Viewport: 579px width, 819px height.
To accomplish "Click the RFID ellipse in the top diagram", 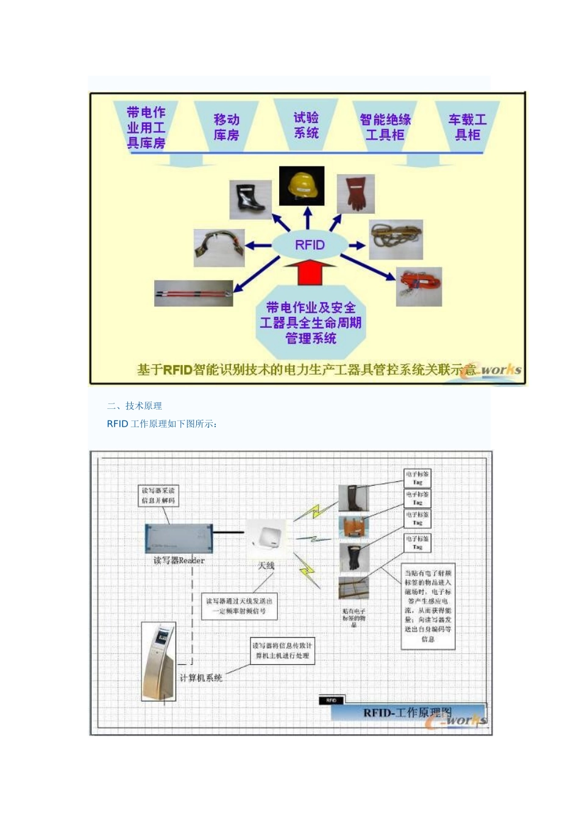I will click(x=310, y=245).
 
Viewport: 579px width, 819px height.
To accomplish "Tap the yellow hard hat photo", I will click(x=302, y=186).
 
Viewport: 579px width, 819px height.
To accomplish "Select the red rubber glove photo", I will click(x=355, y=194).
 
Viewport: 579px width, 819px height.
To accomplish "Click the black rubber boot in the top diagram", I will click(x=250, y=199).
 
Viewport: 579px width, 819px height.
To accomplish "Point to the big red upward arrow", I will click(x=310, y=272).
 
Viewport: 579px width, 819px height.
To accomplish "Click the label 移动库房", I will click(x=226, y=127).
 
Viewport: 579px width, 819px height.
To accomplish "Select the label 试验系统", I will click(x=306, y=125).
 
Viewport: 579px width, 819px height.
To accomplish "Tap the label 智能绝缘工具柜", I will click(x=385, y=127).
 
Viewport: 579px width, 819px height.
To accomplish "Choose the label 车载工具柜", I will click(x=467, y=127).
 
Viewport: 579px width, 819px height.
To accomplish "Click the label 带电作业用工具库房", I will click(x=146, y=127).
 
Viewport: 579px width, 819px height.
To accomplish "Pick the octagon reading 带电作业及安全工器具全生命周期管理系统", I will click(x=310, y=322).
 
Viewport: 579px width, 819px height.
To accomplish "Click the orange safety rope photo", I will click(x=419, y=286).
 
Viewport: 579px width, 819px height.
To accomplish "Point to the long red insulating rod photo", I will click(x=194, y=293).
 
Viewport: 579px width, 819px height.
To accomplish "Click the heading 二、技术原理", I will click(x=135, y=406).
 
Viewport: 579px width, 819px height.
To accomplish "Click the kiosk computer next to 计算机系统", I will click(x=158, y=661).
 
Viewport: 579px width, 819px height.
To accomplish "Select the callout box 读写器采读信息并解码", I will click(x=158, y=495).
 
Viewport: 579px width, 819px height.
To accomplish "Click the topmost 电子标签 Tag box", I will click(x=417, y=478).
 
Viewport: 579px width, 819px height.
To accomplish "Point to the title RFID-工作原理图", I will click(x=407, y=712).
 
